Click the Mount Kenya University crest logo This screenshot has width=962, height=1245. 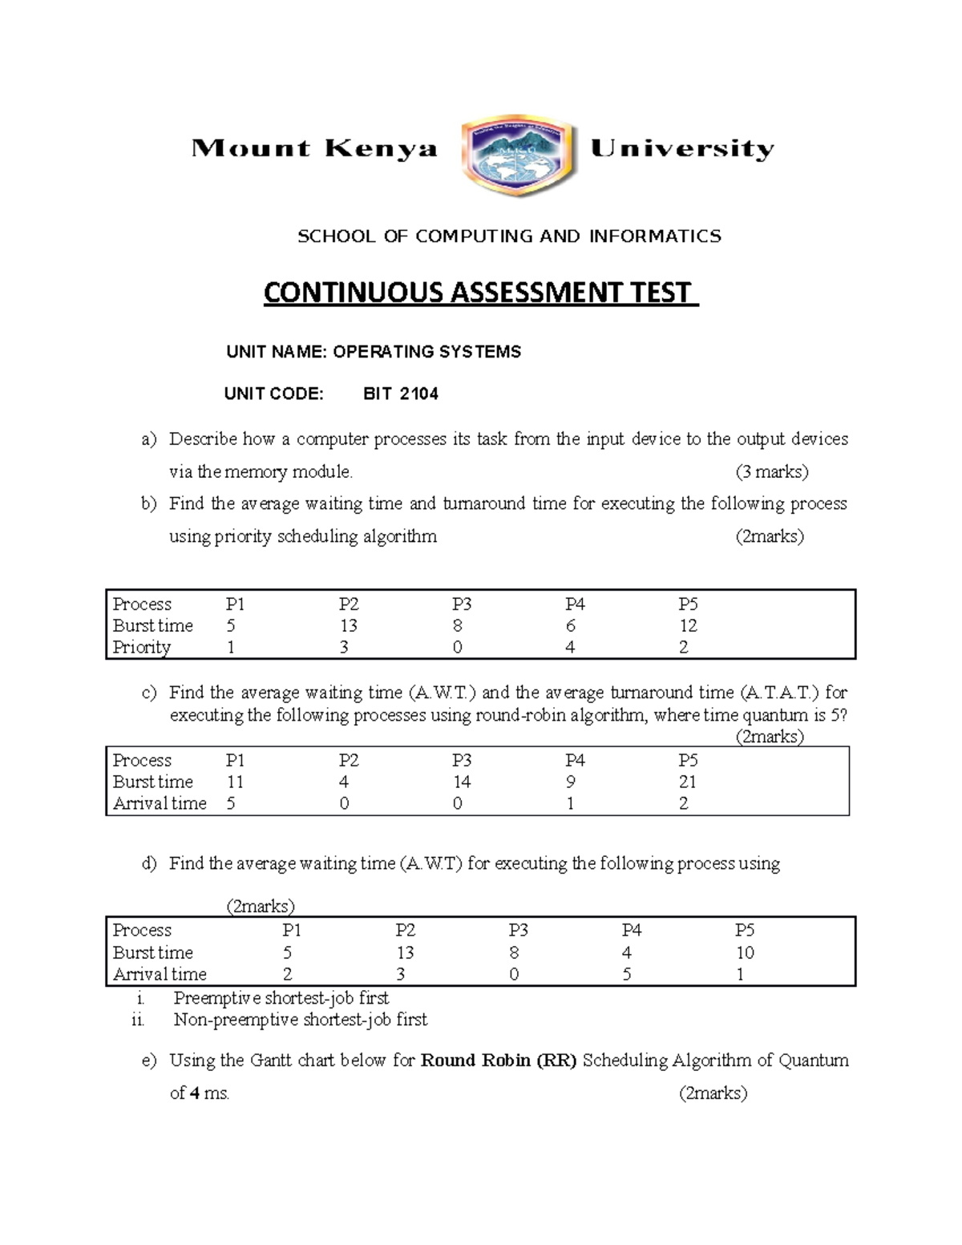click(519, 159)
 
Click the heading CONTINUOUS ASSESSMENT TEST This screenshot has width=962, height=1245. click(480, 293)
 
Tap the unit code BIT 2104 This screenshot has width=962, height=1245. click(401, 394)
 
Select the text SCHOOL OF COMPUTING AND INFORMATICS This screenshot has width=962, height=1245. click(509, 236)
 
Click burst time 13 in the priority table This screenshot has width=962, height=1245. click(348, 625)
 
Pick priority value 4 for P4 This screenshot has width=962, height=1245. click(570, 647)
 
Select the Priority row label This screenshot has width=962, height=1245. click(141, 647)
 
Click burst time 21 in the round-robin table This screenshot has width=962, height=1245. click(687, 782)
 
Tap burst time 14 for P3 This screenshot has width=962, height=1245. click(462, 782)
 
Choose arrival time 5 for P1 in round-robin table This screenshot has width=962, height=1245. click(231, 803)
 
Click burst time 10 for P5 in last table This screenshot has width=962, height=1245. click(745, 952)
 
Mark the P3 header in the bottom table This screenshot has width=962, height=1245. click(518, 930)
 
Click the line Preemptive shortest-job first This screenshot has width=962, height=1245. click(281, 998)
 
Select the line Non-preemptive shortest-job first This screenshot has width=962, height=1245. click(300, 1020)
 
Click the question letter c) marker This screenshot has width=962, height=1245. click(148, 693)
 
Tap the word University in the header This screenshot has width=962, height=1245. click(682, 149)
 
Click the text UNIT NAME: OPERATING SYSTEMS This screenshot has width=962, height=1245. click(374, 352)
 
